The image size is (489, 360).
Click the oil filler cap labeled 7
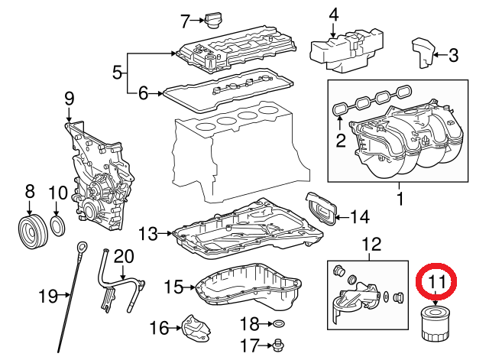click(211, 20)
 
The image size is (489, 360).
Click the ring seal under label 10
click(58, 226)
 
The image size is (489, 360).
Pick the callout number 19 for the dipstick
click(48, 294)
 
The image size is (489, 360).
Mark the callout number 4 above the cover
click(333, 15)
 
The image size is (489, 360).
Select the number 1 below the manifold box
click(399, 200)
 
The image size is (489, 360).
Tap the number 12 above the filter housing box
click(371, 245)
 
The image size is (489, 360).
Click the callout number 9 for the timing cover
click(69, 98)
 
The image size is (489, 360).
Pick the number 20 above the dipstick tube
click(124, 255)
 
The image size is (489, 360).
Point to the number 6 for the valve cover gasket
click(143, 94)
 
